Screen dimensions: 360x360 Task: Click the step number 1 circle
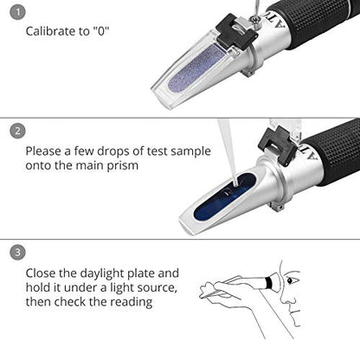click(x=17, y=12)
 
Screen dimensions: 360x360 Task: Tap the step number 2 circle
click(x=17, y=131)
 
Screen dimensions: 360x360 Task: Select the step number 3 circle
click(x=17, y=253)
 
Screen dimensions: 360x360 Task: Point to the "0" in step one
click(x=100, y=31)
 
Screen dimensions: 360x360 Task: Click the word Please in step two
click(x=45, y=151)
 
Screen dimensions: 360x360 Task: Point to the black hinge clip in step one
click(x=236, y=32)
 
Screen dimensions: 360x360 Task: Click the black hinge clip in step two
click(x=277, y=145)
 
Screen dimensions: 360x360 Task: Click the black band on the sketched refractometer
click(x=268, y=283)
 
